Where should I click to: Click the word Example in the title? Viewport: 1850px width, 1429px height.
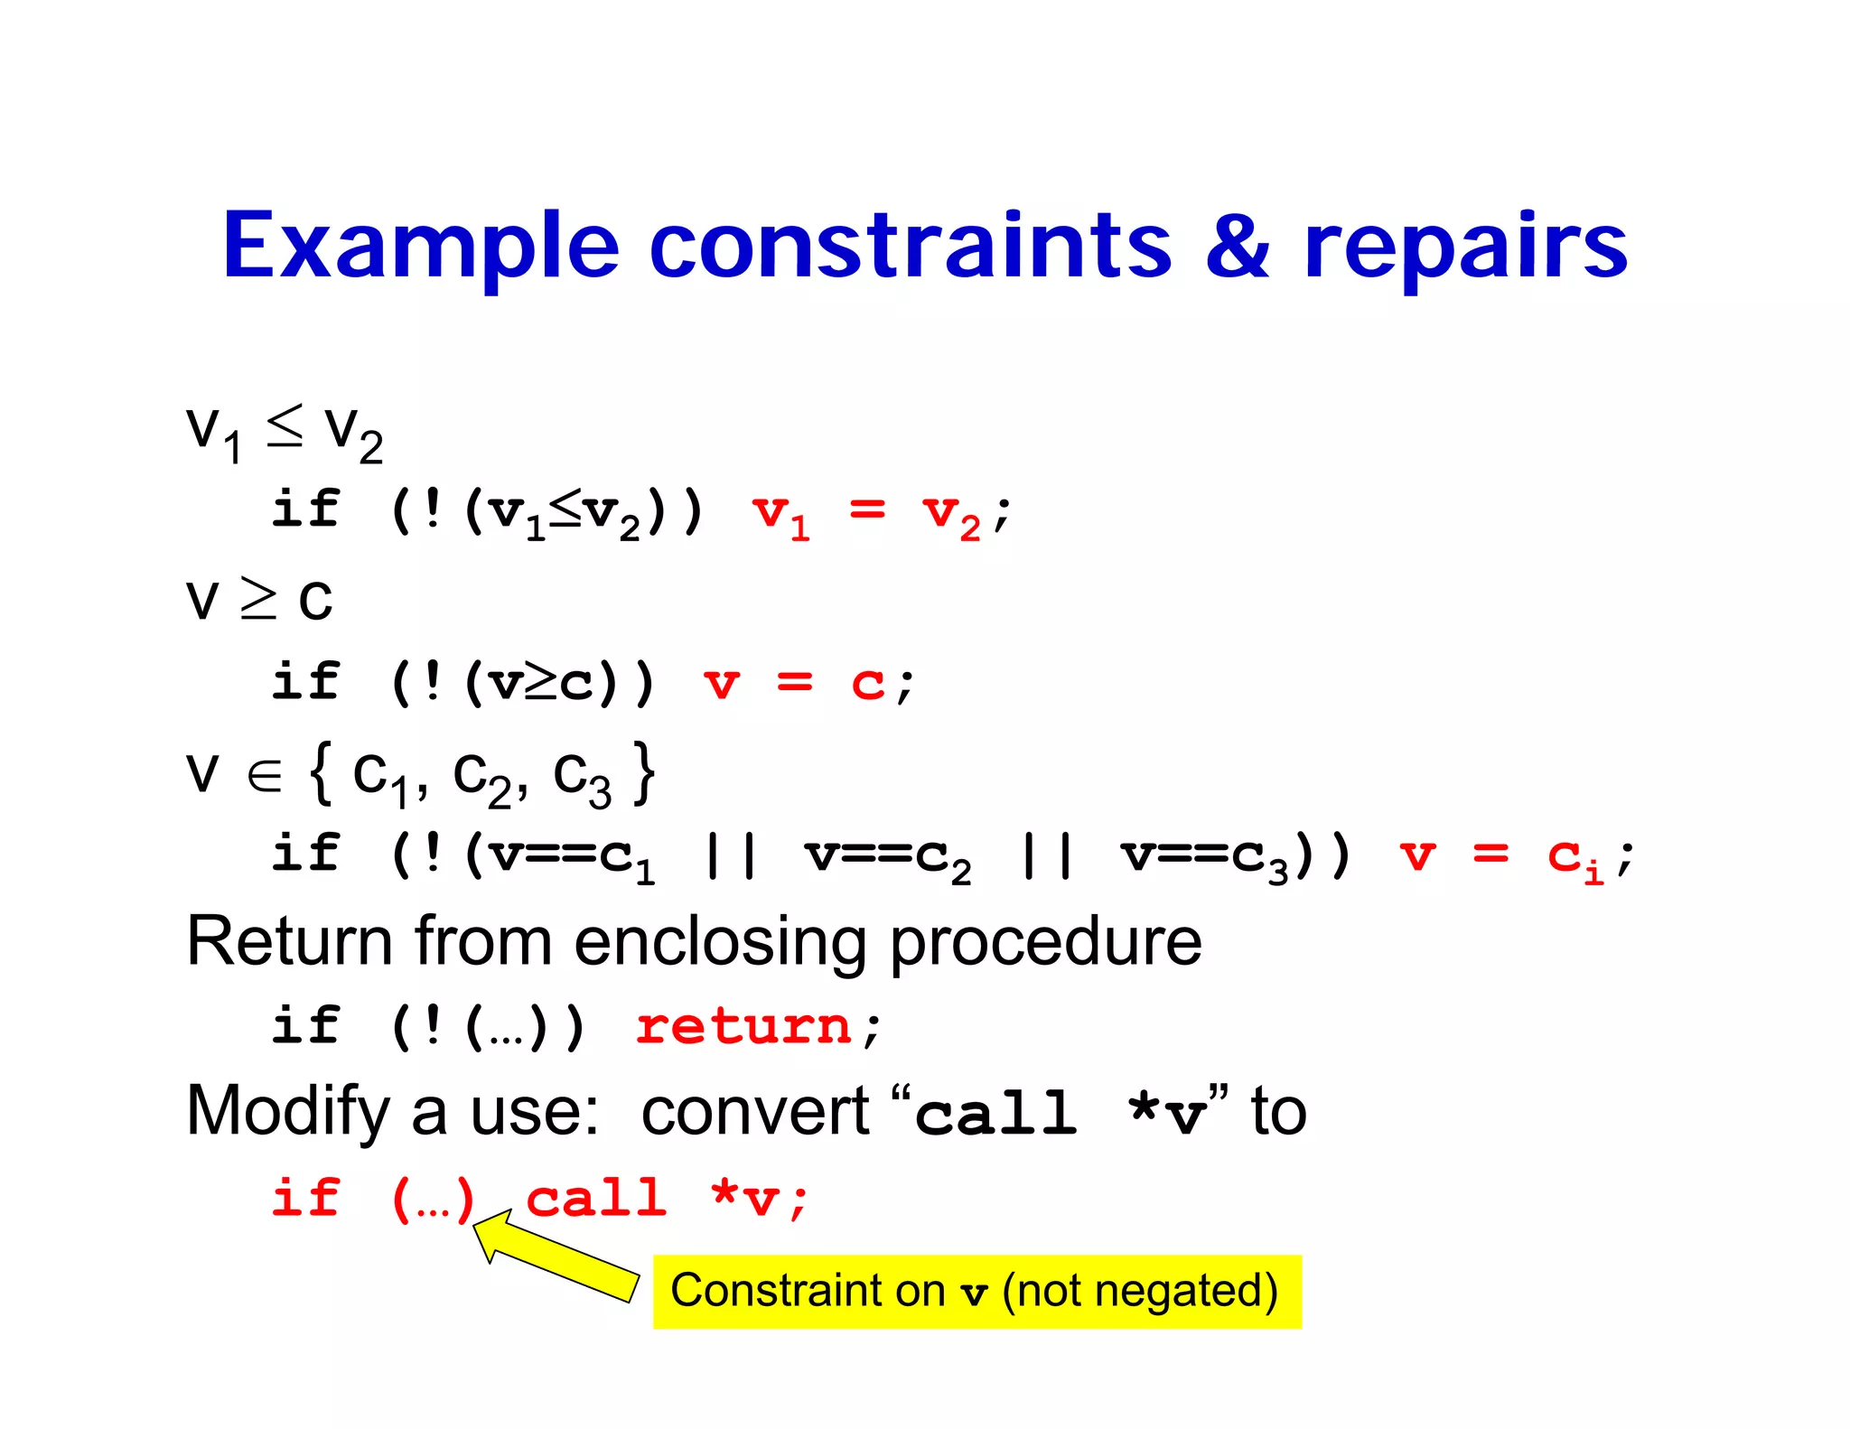[421, 246]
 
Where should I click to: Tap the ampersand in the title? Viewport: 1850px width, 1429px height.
[1237, 246]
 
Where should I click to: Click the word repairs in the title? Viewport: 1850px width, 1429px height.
[1465, 246]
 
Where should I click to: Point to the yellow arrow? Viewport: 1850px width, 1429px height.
[556, 1256]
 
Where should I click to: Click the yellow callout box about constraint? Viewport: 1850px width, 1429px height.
[976, 1292]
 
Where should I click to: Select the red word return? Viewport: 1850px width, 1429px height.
[743, 1027]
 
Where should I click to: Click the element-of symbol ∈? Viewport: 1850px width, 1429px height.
[265, 775]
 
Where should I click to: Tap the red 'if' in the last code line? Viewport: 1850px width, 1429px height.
[306, 1199]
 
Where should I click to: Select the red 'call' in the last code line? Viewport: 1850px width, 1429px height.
[597, 1199]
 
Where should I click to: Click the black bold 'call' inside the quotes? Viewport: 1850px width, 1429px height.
[996, 1113]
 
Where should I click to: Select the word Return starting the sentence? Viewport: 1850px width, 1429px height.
[289, 942]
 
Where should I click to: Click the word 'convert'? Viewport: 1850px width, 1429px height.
[755, 1111]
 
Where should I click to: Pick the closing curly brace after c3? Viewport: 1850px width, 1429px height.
[643, 773]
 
